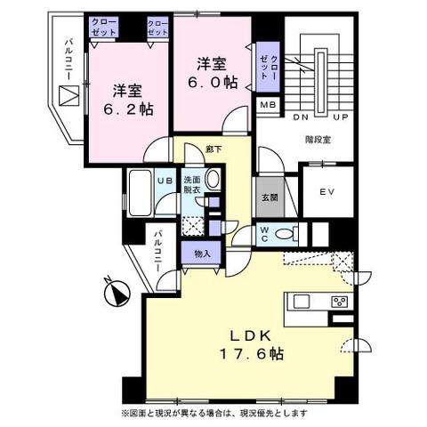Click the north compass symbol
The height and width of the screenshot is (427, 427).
pos(117,293)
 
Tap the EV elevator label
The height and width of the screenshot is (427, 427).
pos(327,192)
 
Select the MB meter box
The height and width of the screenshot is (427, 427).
pos(268,105)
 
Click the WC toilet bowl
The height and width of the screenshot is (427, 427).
pos(284,234)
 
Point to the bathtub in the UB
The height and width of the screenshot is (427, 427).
pos(141,193)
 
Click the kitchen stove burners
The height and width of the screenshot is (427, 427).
pos(340,302)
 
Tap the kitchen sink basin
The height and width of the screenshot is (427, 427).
pos(302,302)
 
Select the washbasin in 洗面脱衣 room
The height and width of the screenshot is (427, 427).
pos(213,179)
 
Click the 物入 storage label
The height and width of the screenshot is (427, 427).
pos(202,254)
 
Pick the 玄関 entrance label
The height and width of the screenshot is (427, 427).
pos(270,197)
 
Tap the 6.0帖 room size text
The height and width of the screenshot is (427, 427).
pos(213,83)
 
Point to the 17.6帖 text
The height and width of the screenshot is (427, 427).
pos(252,353)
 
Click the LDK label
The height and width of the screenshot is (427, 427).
pos(251,335)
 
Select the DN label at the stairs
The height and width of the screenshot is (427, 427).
pos(301,117)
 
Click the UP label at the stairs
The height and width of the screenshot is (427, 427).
pos(340,117)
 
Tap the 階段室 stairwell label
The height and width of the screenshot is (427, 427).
pos(318,139)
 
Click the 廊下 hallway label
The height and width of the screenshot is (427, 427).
pos(213,149)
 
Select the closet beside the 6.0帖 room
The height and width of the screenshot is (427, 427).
pos(268,67)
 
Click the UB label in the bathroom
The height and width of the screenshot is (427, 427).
pos(165,181)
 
